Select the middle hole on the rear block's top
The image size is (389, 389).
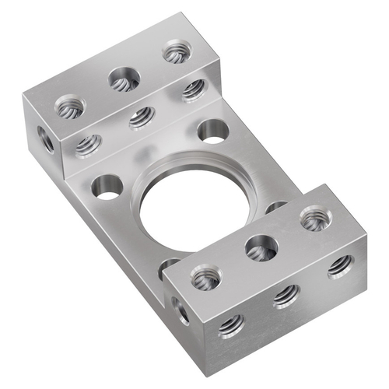[x=122, y=78]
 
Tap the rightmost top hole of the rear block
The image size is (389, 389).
[x=176, y=54]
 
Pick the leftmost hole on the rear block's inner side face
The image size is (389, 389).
[x=89, y=143]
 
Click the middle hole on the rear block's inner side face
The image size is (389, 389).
[x=141, y=117]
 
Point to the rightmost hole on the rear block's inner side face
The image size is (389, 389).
[x=193, y=89]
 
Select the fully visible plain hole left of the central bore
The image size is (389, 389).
[x=107, y=187]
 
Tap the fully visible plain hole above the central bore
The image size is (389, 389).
[x=211, y=130]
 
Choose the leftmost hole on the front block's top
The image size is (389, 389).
[x=206, y=278]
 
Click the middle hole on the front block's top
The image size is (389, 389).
[x=261, y=247]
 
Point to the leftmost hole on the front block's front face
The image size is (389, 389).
[x=231, y=325]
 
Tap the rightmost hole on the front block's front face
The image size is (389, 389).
[x=340, y=265]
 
